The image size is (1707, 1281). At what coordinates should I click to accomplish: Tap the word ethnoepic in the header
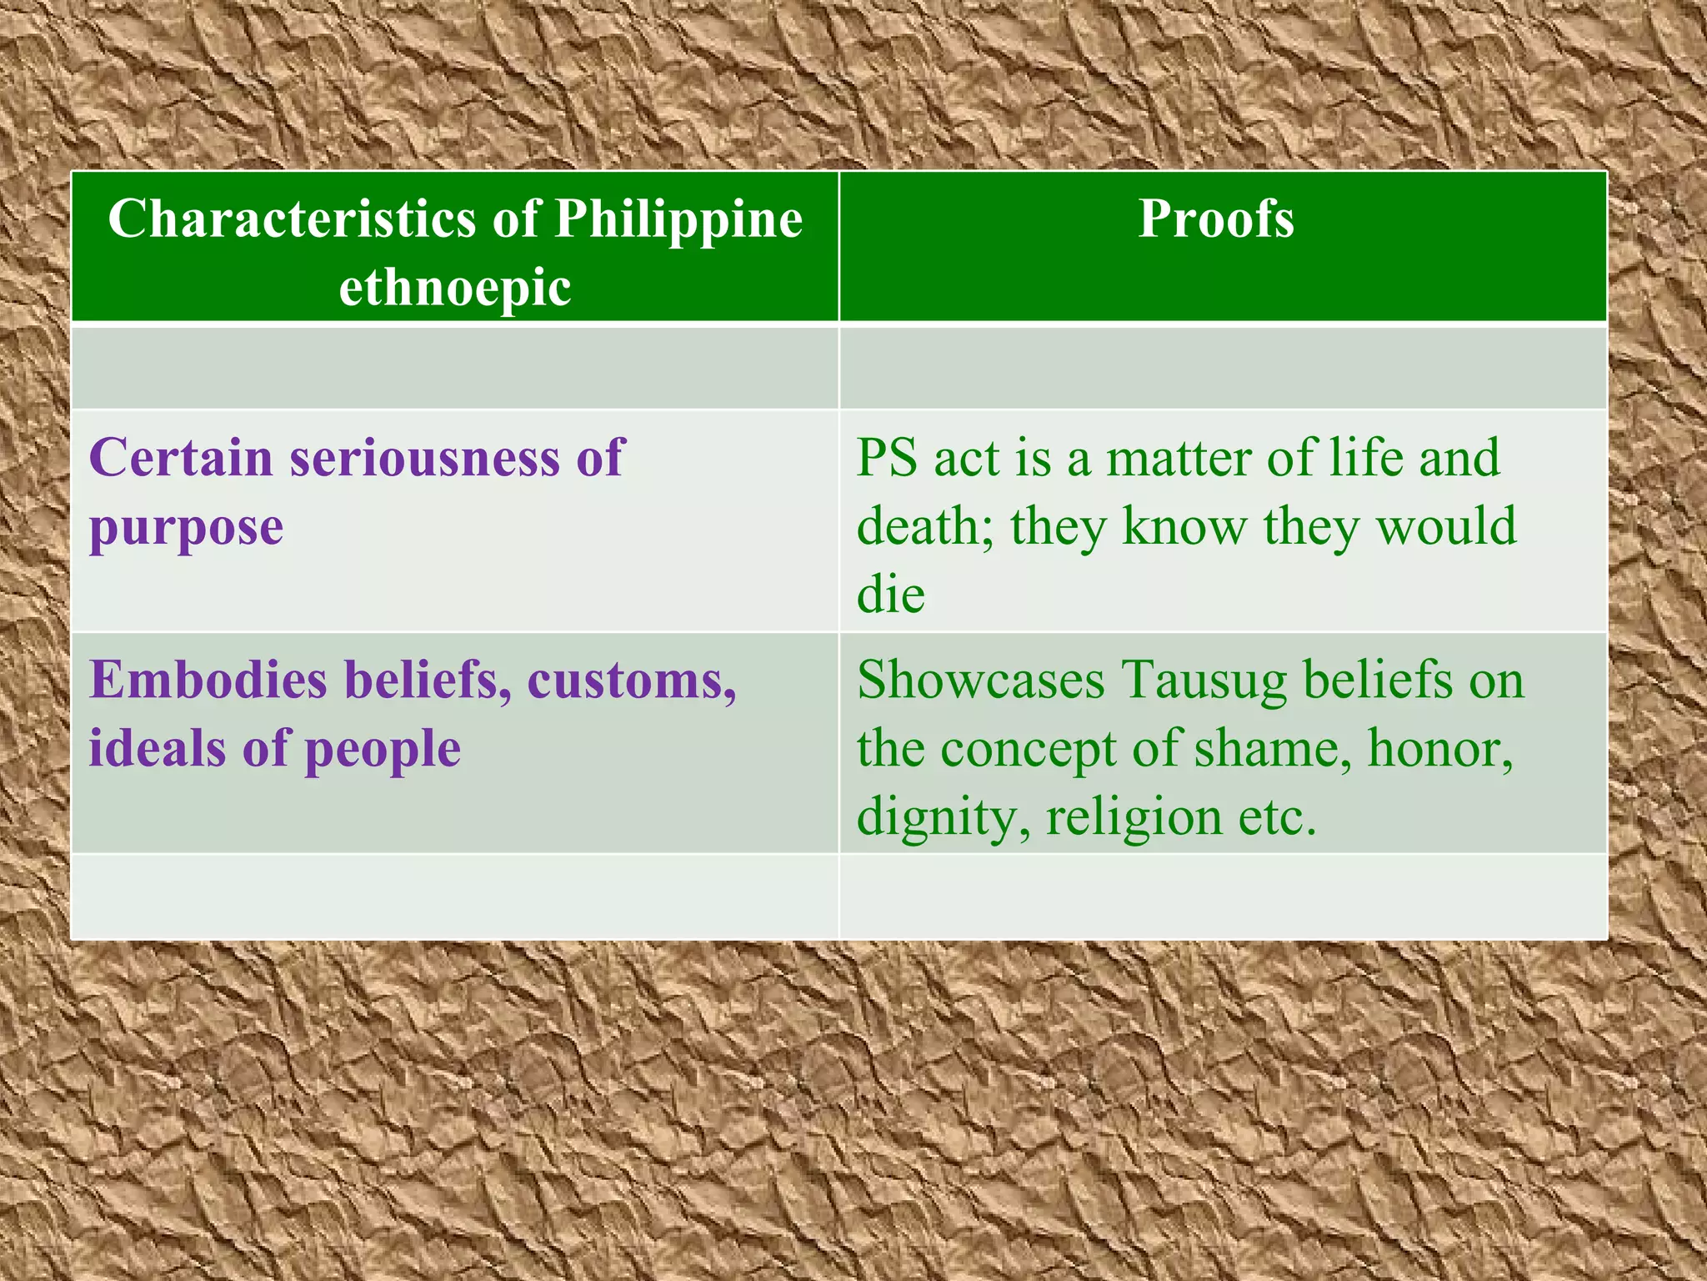(x=455, y=288)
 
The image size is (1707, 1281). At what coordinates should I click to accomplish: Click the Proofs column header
(x=1216, y=219)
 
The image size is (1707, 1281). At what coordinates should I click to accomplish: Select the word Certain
(x=181, y=458)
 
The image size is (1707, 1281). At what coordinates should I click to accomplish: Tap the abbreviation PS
(x=887, y=458)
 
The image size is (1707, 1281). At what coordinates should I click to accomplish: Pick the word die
(x=890, y=595)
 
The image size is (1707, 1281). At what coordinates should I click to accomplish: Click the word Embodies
(x=208, y=680)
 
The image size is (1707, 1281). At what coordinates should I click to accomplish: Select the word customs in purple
(x=631, y=681)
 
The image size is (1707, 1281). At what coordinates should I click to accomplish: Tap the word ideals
(x=157, y=748)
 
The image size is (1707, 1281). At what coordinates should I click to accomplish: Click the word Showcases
(x=980, y=680)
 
